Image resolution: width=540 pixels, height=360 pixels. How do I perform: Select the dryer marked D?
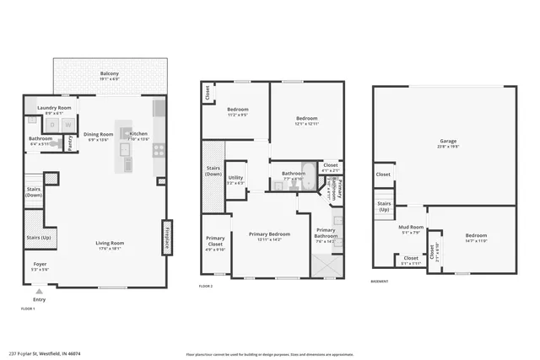[x=52, y=125]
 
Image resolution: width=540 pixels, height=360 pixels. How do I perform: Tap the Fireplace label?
[x=167, y=237]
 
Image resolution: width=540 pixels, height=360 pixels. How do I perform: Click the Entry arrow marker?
[x=39, y=293]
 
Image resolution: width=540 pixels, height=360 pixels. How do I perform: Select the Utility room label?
[x=235, y=180]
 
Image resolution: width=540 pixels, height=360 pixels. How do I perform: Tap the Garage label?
[x=447, y=142]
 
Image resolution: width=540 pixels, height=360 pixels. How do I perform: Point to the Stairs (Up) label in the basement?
[x=384, y=207]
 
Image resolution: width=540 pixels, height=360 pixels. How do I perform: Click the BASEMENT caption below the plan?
[x=381, y=281]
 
